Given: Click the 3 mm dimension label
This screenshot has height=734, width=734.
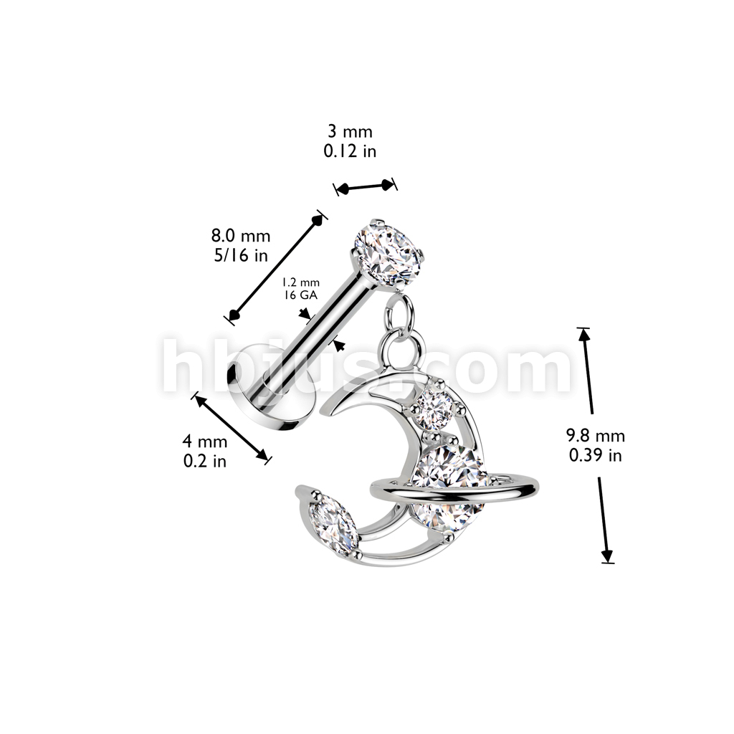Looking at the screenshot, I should [351, 133].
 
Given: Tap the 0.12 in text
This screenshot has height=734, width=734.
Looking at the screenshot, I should [351, 151].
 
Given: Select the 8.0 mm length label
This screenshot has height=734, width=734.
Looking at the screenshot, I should [241, 236].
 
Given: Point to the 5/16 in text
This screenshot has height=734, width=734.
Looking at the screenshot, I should [241, 254].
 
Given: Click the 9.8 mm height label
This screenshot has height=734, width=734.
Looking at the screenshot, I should [595, 435].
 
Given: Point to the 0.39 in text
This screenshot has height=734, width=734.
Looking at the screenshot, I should [595, 454].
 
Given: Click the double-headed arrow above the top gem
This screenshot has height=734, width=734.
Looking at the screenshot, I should [366, 187].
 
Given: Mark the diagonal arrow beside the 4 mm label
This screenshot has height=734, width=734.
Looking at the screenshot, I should [232, 426].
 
